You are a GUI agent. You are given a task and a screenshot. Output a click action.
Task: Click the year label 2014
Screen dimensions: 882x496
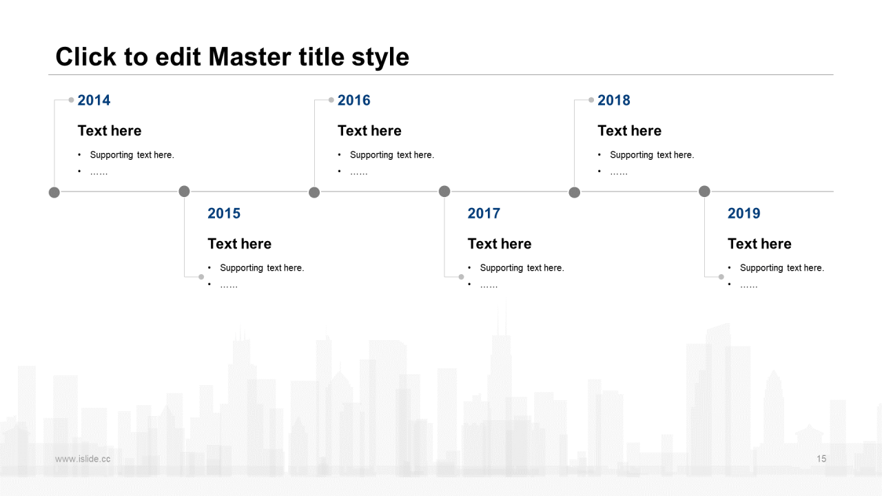94,101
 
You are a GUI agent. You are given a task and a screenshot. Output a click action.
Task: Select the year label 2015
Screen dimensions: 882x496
224,214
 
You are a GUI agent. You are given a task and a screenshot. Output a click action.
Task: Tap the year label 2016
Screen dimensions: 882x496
354,101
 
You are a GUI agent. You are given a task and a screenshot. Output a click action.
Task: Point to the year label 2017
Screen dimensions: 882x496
484,214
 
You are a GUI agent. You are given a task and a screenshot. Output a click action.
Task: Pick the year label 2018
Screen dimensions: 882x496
614,101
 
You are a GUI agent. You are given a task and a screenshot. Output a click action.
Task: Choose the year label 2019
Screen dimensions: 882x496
743,214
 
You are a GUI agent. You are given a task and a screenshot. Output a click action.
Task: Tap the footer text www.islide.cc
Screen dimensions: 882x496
83,459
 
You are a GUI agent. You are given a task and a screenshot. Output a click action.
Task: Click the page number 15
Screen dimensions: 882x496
821,459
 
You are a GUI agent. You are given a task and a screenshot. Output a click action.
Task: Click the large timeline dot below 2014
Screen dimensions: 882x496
54,192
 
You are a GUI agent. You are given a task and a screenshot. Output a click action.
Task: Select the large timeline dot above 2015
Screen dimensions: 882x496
184,192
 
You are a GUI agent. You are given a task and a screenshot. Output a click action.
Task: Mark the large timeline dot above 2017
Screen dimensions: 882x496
444,192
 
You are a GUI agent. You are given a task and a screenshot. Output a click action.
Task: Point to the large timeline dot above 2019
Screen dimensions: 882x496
704,192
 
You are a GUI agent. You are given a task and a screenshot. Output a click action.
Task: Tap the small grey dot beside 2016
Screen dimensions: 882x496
331,100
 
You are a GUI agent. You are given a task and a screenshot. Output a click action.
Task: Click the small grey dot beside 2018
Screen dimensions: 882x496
591,100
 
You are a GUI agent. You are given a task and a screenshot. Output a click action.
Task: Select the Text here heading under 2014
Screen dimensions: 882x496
110,131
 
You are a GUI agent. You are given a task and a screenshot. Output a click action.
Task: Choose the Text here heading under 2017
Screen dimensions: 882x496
500,244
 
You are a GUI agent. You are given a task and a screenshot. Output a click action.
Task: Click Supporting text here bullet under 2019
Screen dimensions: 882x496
781,268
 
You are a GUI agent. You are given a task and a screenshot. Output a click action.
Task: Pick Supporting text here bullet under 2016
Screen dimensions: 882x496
392,155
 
